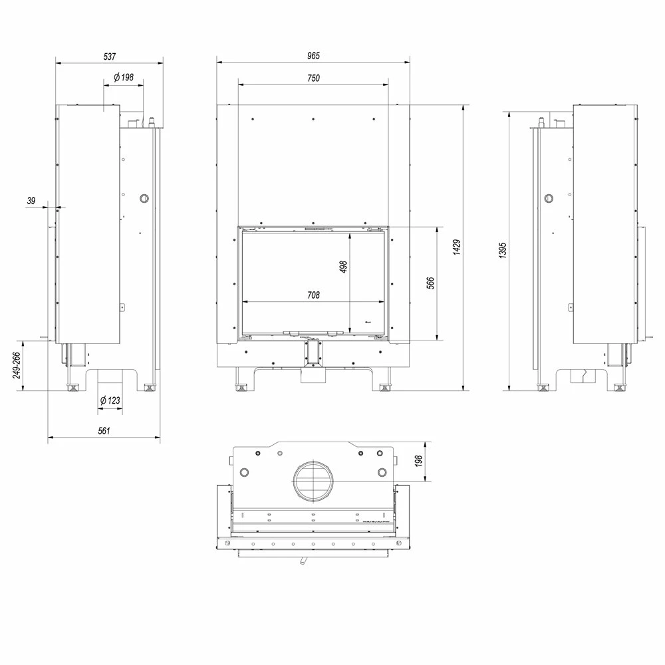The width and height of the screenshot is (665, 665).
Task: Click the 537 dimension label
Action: (110, 57)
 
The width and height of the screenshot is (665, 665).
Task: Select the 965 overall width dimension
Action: (313, 56)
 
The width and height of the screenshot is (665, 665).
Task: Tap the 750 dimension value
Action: (313, 78)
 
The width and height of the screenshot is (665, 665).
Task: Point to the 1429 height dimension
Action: (457, 247)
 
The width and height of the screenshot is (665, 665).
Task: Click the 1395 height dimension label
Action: (503, 250)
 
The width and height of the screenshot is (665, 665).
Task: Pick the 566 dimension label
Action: (430, 283)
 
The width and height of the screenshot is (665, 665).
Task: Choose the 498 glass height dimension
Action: (344, 267)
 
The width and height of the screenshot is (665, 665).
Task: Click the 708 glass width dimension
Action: (313, 295)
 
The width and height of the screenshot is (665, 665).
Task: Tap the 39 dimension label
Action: (31, 201)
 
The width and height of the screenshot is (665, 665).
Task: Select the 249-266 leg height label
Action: (17, 365)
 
